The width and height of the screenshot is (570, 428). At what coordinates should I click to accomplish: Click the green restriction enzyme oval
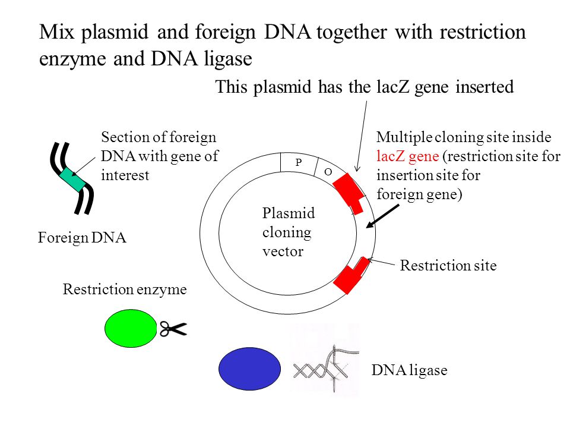pyautogui.click(x=131, y=328)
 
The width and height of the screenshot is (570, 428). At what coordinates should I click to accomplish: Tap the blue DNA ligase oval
pyautogui.click(x=250, y=369)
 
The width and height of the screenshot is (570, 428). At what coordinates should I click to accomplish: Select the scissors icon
pyautogui.click(x=173, y=329)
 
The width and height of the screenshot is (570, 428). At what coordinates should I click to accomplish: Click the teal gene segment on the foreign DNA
pyautogui.click(x=72, y=180)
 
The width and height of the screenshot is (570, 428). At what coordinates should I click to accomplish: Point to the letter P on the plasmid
pyautogui.click(x=299, y=162)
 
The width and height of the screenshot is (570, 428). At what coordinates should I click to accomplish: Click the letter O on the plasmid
pyautogui.click(x=328, y=172)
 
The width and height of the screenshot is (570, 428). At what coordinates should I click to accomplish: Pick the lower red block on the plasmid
pyautogui.click(x=351, y=275)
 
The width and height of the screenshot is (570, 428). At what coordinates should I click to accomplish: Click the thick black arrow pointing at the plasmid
pyautogui.click(x=382, y=216)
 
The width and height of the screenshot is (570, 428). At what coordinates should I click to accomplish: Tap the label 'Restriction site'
pyautogui.click(x=448, y=265)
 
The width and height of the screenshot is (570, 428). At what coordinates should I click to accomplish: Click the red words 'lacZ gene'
pyautogui.click(x=408, y=156)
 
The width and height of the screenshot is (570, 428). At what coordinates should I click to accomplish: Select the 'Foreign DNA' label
pyautogui.click(x=82, y=238)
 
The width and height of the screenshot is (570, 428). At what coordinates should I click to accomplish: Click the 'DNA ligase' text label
pyautogui.click(x=409, y=370)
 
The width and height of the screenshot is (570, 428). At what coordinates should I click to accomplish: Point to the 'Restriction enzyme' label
pyautogui.click(x=125, y=289)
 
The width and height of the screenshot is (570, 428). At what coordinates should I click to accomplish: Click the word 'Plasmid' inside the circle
pyautogui.click(x=289, y=213)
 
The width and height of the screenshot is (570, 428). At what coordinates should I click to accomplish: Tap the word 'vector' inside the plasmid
pyautogui.click(x=283, y=251)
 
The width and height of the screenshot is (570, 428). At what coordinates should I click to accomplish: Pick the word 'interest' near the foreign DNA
pyautogui.click(x=125, y=175)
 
